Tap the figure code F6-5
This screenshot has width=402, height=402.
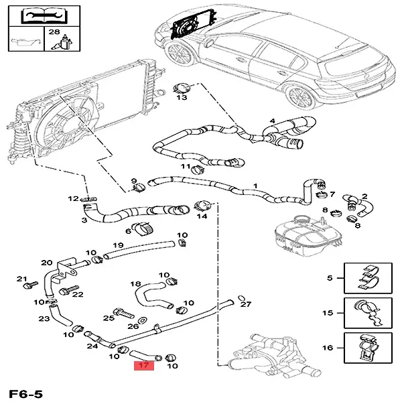(26, 393)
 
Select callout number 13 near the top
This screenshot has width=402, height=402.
(182, 97)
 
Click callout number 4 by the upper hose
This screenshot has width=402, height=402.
(272, 121)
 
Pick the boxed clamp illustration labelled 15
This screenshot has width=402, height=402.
(368, 313)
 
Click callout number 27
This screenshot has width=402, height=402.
(245, 304)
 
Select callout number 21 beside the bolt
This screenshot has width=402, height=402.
(21, 279)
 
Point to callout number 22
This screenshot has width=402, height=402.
(77, 294)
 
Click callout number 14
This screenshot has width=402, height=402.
(201, 216)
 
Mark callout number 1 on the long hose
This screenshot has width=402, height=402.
(255, 185)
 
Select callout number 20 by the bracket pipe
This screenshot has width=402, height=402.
(46, 263)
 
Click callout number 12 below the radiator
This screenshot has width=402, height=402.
(73, 198)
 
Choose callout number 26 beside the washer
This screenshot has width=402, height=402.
(133, 326)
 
